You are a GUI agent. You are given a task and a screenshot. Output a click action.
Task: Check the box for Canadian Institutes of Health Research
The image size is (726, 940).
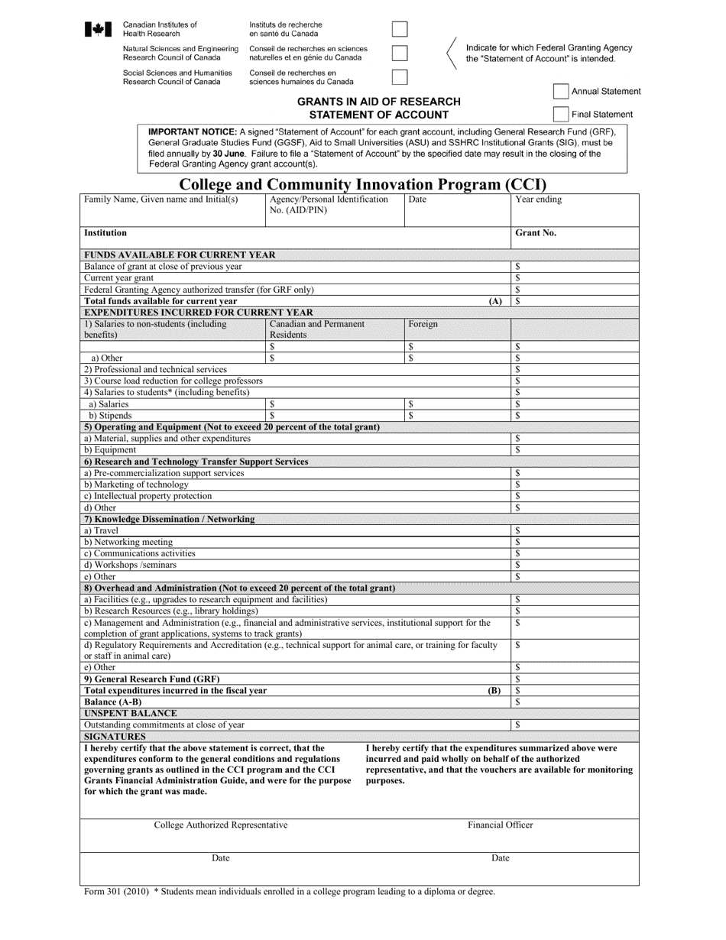400,30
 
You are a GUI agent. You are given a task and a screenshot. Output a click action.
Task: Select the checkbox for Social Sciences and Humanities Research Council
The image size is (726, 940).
400,77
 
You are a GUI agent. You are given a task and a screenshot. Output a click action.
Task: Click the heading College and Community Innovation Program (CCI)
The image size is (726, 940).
362,184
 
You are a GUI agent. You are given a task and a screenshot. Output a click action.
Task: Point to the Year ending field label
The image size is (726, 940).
538,200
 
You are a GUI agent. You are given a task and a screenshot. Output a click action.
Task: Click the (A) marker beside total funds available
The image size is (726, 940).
495,301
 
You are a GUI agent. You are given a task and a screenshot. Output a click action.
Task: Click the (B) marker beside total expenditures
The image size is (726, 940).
494,690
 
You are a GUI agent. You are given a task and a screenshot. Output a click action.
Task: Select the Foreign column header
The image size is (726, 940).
423,324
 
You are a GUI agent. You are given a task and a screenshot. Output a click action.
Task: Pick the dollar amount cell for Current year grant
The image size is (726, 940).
574,278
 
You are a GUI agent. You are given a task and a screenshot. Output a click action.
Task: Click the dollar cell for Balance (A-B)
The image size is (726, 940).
574,702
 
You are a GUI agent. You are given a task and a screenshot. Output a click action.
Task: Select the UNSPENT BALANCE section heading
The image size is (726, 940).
130,713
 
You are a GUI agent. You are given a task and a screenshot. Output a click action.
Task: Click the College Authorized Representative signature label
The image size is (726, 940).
221,825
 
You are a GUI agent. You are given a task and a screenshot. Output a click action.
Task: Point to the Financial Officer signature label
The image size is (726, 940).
501,825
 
